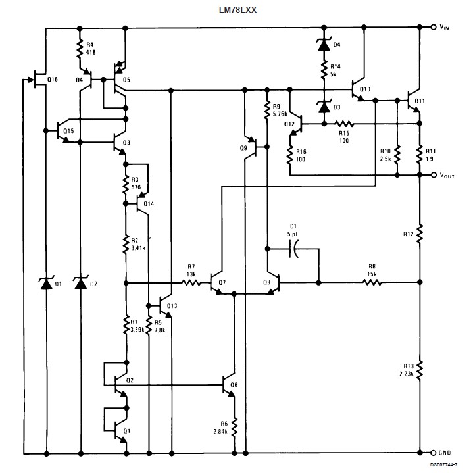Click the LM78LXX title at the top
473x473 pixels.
[x=237, y=9]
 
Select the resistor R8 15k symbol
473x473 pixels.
[x=372, y=283]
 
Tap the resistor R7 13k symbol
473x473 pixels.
[x=191, y=283]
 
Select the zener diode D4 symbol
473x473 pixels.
[x=323, y=45]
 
